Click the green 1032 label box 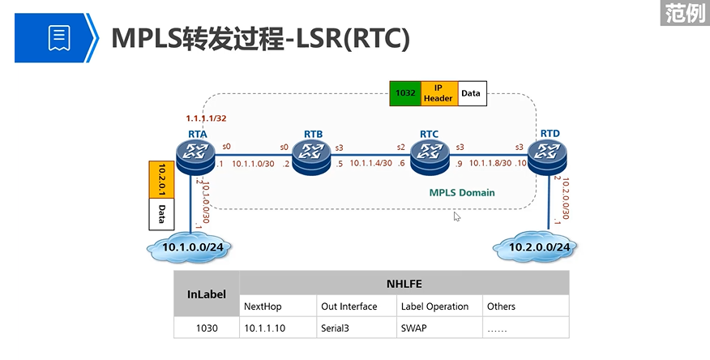(x=404, y=93)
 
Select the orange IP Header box (x=438, y=93)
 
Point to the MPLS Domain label (x=462, y=193)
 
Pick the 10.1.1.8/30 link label (x=489, y=163)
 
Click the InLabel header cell (x=207, y=295)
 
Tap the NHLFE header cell (x=404, y=283)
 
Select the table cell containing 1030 (x=207, y=328)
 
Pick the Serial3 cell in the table (x=338, y=328)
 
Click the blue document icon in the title (x=59, y=36)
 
